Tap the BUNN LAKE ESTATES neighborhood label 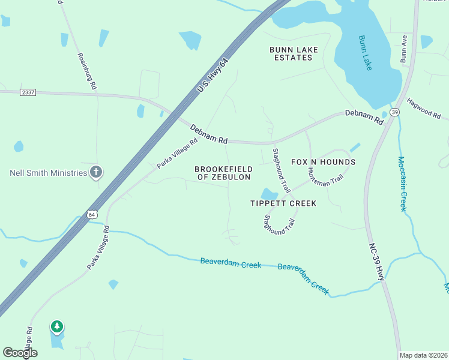pyautogui.click(x=294, y=53)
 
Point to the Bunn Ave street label pyautogui.click(x=405, y=49)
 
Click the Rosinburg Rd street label pyautogui.click(x=87, y=71)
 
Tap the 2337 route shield pyautogui.click(x=28, y=92)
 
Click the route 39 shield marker pyautogui.click(x=394, y=112)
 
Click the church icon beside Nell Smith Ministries pyautogui.click(x=95, y=173)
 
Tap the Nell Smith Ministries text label pyautogui.click(x=49, y=173)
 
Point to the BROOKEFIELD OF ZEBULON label pyautogui.click(x=223, y=173)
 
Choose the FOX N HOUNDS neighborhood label pyautogui.click(x=323, y=162)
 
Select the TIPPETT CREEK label pyautogui.click(x=283, y=203)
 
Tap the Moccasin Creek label pyautogui.click(x=402, y=184)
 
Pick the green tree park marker pyautogui.click(x=57, y=327)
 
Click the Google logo pyautogui.click(x=20, y=353)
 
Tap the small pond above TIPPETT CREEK pyautogui.click(x=269, y=194)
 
